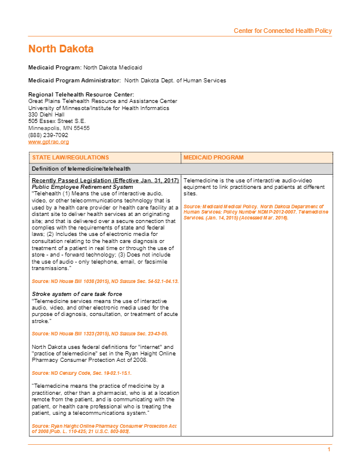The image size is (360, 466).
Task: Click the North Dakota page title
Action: [x=61, y=49]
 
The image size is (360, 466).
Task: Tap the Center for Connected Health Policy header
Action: [x=282, y=31]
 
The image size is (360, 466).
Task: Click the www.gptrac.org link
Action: [x=49, y=142]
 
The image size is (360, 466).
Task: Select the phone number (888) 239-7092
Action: [x=48, y=135]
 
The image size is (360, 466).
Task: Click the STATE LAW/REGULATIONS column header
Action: [x=71, y=158]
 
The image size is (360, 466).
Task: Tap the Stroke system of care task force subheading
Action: [x=77, y=293]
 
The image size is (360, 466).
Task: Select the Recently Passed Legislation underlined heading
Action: [x=105, y=180]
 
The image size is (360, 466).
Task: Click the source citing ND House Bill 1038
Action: [x=105, y=281]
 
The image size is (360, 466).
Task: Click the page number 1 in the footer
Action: [x=329, y=450]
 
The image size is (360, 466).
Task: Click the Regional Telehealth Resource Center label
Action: [x=81, y=95]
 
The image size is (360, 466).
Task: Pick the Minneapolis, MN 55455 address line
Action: [x=59, y=128]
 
